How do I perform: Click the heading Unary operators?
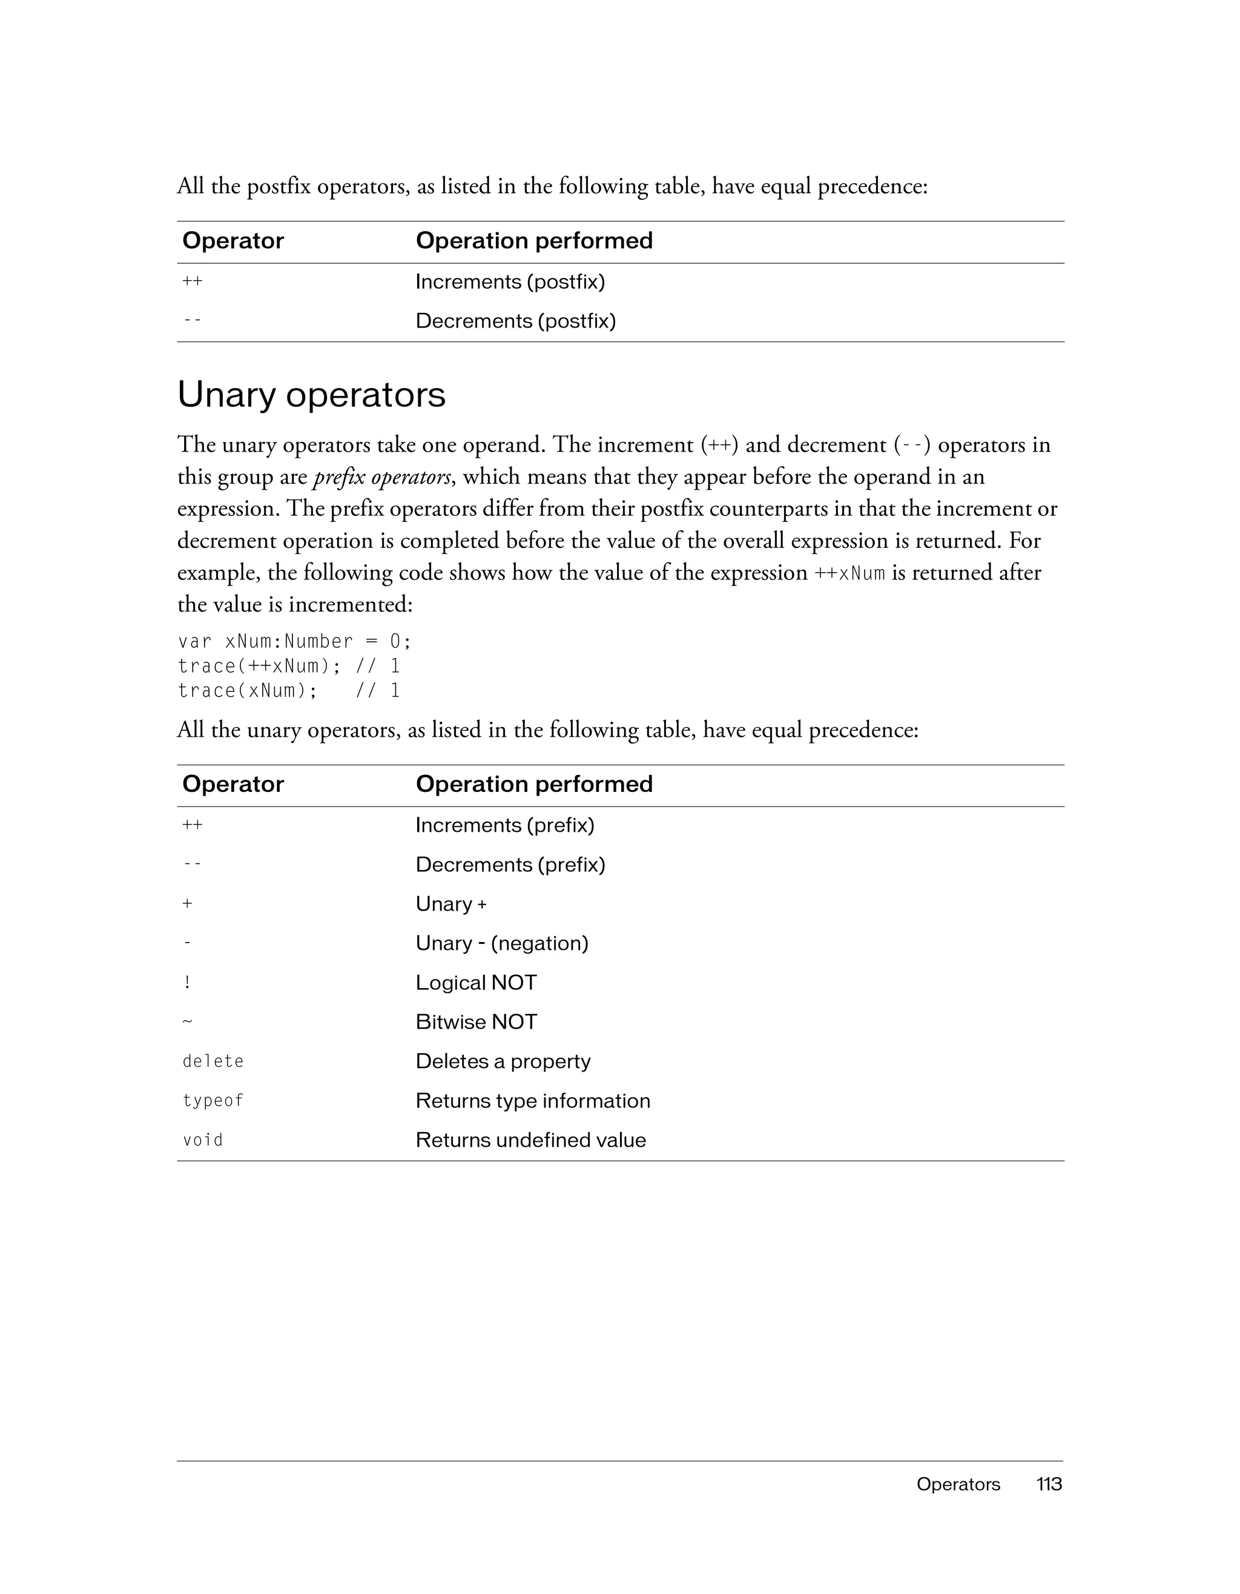(311, 395)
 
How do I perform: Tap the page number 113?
(1049, 1484)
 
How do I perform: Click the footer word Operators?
(958, 1484)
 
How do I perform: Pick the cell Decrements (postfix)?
(515, 321)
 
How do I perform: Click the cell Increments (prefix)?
(504, 826)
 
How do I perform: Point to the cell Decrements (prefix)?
(510, 865)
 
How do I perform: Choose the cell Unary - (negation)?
(501, 944)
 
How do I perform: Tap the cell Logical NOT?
(476, 983)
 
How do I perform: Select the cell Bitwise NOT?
(476, 1023)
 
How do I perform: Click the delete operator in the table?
(213, 1061)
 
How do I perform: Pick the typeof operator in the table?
(213, 1101)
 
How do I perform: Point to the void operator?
(203, 1140)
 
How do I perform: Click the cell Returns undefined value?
(530, 1140)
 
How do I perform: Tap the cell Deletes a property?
(503, 1061)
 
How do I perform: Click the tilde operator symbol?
(188, 1022)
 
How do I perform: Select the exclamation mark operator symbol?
(188, 983)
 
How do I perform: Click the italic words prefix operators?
(381, 477)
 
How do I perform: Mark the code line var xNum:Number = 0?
(295, 642)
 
